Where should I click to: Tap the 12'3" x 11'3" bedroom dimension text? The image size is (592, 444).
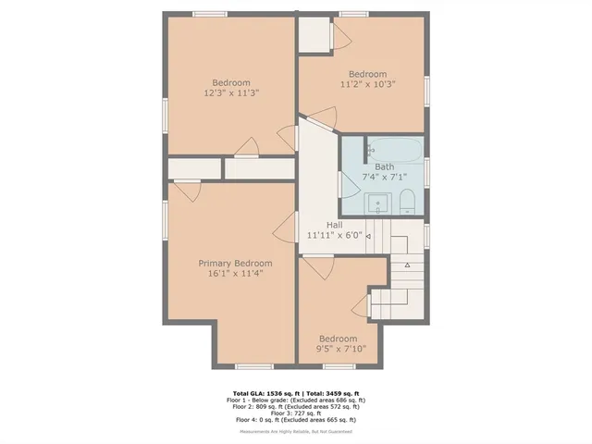tap(231, 92)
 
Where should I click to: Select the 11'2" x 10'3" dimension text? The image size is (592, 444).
tap(367, 85)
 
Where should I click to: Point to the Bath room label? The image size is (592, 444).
tap(384, 166)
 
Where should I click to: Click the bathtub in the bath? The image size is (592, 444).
tap(397, 148)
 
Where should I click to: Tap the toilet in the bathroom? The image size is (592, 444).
tap(407, 201)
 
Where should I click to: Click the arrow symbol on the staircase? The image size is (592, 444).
tap(407, 265)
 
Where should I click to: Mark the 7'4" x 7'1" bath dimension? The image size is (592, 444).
tap(384, 177)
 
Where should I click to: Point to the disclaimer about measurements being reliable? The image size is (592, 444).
tap(296, 431)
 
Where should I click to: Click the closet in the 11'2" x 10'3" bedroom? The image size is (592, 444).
tap(315, 33)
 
